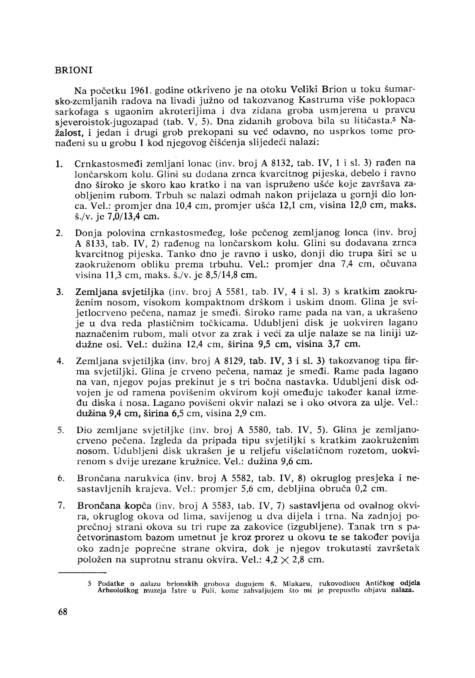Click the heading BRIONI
click(x=74, y=70)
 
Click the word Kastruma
click(x=322, y=100)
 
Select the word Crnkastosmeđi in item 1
click(x=109, y=163)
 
